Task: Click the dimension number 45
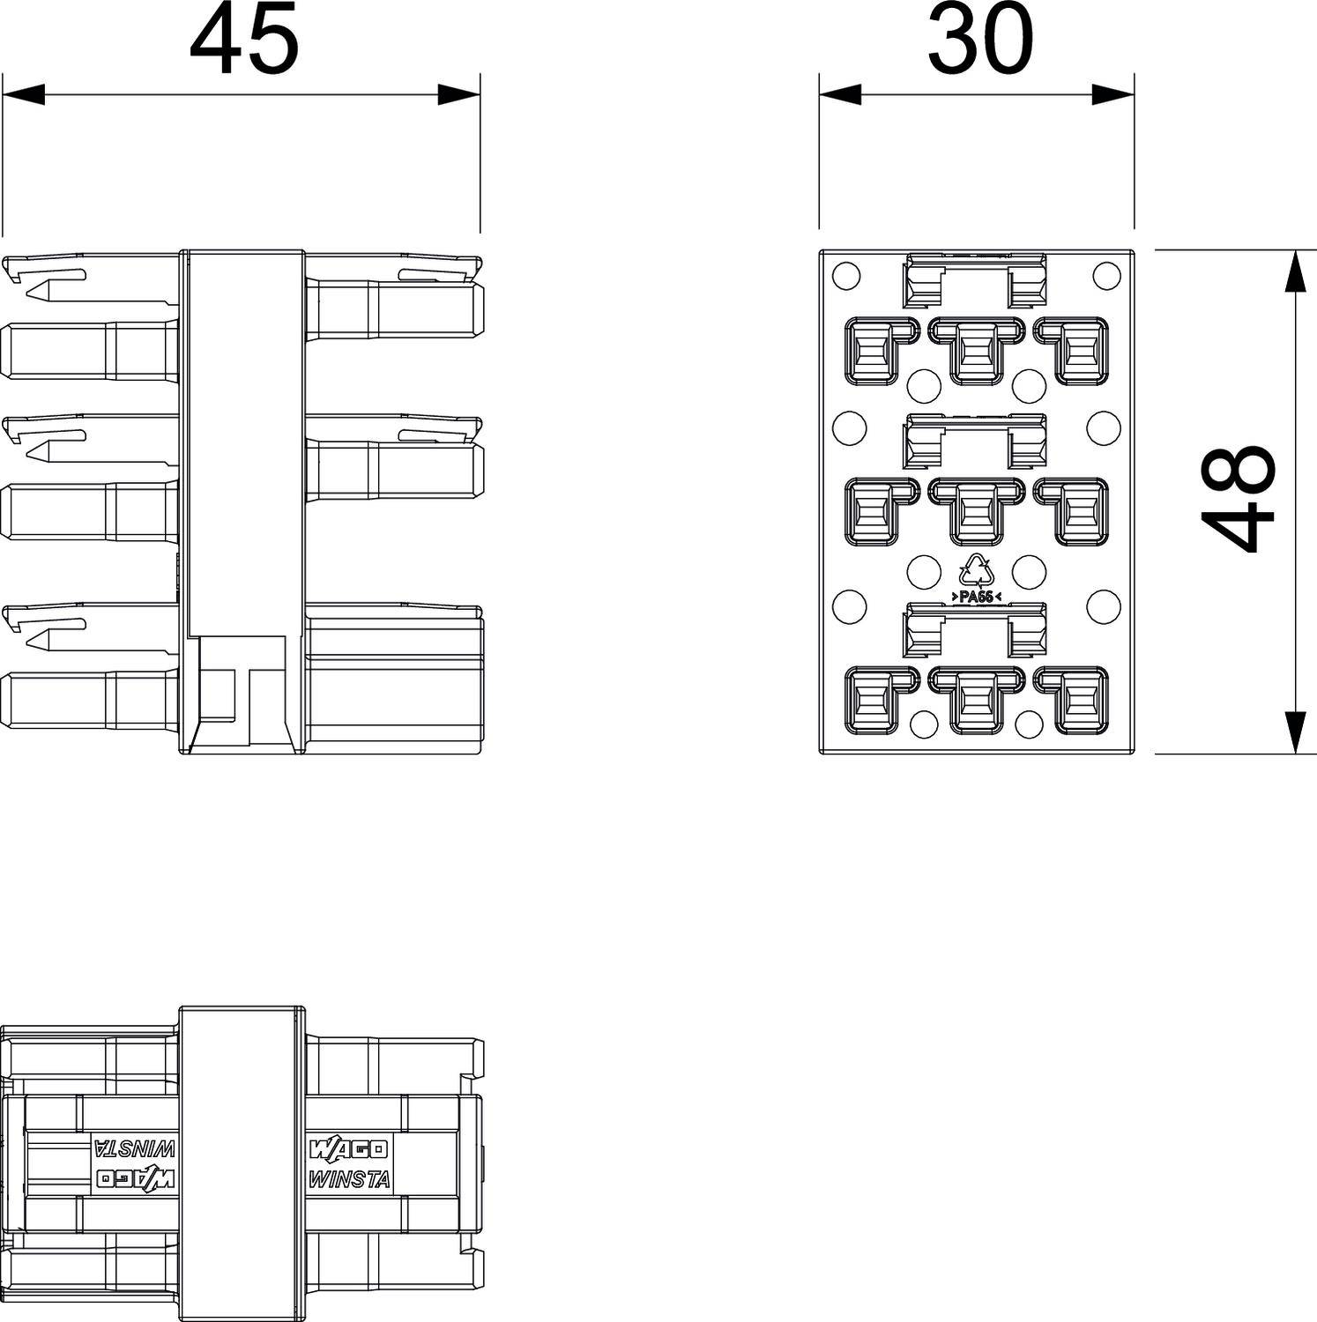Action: click(244, 41)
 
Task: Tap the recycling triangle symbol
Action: click(977, 571)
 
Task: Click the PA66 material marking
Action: click(976, 597)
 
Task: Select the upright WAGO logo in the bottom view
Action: click(348, 1149)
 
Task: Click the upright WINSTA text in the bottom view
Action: click(349, 1179)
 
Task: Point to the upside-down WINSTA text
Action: click(135, 1148)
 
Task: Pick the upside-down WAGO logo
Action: click(135, 1177)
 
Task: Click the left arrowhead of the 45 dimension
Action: click(24, 94)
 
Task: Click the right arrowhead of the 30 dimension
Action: click(1112, 94)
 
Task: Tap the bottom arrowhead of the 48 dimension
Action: click(1294, 732)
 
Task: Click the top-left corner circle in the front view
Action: click(845, 276)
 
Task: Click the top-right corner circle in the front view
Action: click(1106, 276)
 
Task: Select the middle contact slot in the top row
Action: click(976, 351)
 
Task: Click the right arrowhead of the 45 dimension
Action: click(459, 94)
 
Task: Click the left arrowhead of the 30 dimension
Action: click(840, 94)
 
